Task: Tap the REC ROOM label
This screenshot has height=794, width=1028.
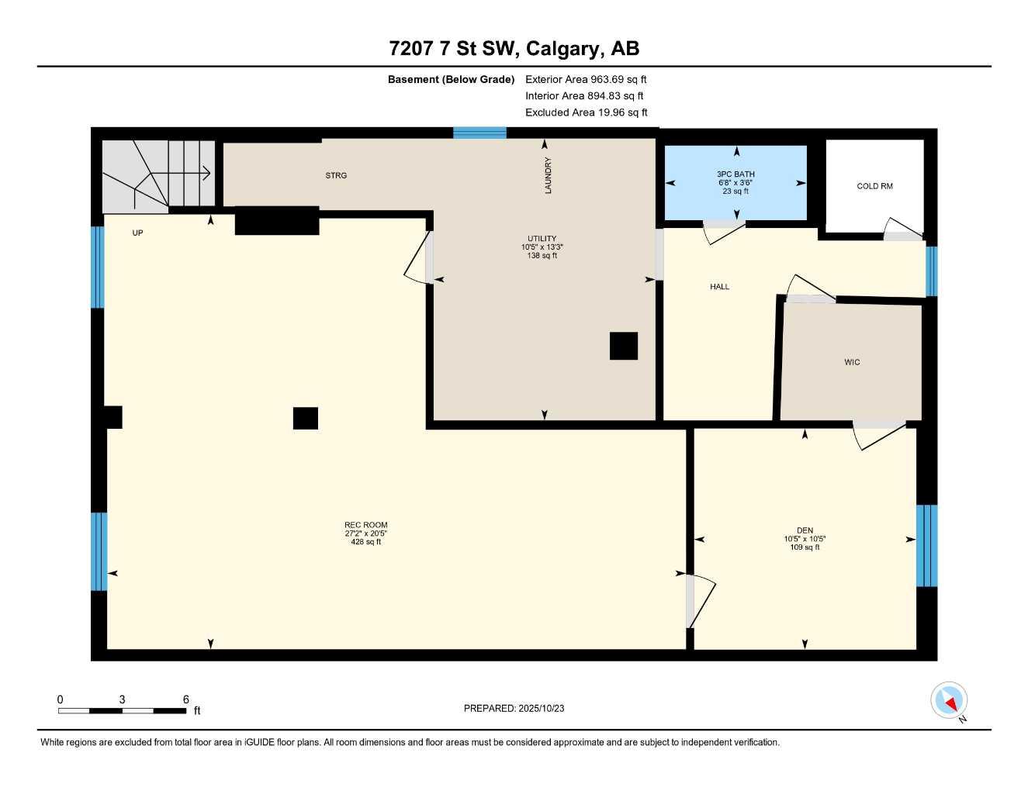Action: point(365,525)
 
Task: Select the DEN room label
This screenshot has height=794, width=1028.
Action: point(805,530)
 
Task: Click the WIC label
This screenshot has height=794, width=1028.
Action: point(852,362)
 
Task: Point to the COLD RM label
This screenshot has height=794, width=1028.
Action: point(874,186)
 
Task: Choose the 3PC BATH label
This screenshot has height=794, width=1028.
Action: point(736,174)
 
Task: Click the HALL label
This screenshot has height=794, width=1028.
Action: point(719,287)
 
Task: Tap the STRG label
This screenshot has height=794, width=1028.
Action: point(336,176)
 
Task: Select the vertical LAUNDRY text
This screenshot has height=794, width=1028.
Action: point(548,175)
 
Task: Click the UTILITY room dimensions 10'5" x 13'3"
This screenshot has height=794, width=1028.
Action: point(542,247)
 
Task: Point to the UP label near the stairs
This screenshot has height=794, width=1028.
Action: point(137,233)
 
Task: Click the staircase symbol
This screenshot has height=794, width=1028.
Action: point(158,174)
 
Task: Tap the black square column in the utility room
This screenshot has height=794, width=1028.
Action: point(623,346)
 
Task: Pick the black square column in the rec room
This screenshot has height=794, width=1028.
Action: point(305,418)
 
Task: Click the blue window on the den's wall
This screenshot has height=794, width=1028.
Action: point(926,546)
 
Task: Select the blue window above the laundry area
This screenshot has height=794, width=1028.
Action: point(479,133)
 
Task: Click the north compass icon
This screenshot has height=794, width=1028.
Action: point(948,701)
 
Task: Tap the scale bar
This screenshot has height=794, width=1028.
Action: point(122,710)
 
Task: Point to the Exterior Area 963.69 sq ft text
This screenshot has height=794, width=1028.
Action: point(586,79)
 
